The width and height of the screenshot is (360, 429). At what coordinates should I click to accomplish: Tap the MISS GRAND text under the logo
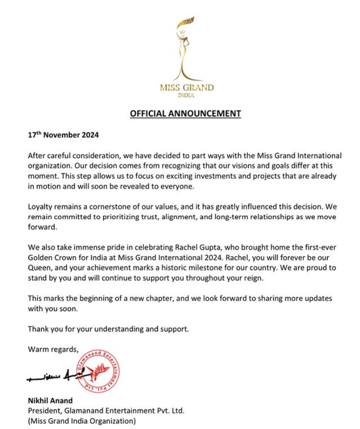tap(186, 88)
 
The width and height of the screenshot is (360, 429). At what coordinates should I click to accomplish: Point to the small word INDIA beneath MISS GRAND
tap(186, 95)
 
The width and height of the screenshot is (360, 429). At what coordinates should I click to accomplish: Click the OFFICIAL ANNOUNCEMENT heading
tap(185, 114)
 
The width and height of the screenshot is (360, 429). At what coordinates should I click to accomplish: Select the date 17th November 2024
tap(63, 135)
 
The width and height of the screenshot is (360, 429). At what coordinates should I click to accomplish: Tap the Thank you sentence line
tap(108, 328)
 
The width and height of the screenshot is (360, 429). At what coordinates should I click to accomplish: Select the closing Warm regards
tap(53, 349)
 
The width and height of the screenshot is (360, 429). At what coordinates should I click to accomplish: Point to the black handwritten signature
tap(55, 378)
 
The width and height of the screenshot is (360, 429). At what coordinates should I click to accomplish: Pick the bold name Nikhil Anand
tap(50, 401)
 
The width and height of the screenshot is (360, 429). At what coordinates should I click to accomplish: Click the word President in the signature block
tap(44, 411)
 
